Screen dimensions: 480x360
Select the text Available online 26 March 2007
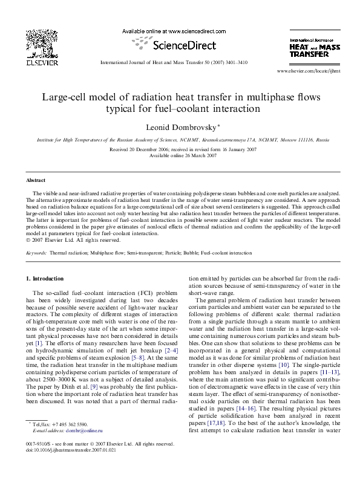coord(180,156)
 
